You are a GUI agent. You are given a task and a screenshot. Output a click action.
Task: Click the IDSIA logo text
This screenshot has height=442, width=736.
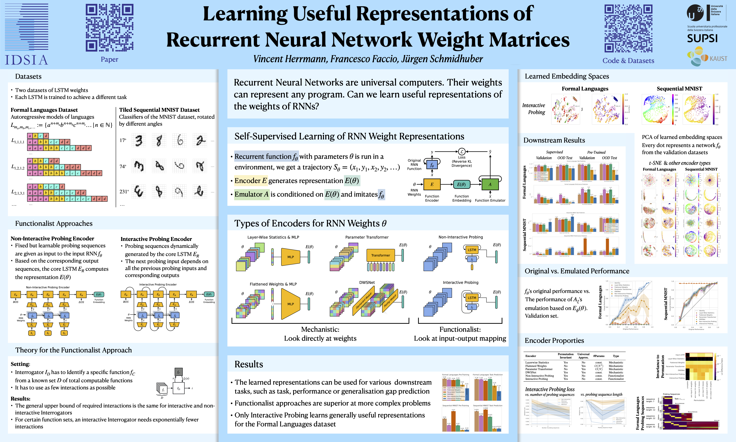(26, 60)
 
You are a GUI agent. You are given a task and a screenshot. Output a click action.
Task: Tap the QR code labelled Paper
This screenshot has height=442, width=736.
(109, 28)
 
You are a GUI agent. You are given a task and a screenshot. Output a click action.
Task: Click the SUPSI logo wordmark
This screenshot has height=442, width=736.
(702, 38)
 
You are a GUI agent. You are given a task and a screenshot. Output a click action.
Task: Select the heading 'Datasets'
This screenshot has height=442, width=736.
(28, 77)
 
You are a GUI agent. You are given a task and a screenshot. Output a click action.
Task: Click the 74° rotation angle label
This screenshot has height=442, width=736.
(123, 166)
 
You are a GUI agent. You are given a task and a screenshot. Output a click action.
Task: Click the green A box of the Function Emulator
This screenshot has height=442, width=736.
(490, 184)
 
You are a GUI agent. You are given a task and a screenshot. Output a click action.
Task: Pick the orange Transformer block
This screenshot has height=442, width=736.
(380, 255)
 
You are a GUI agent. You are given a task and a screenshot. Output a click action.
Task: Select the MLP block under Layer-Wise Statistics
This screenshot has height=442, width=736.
(291, 257)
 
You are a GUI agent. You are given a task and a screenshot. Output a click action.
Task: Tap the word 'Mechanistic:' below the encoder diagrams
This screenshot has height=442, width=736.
(320, 329)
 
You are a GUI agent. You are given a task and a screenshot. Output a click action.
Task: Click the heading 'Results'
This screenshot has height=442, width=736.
(249, 364)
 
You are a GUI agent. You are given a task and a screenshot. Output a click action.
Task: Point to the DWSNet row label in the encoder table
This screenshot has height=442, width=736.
(531, 372)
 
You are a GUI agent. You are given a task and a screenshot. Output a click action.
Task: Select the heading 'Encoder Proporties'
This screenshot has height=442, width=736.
(554, 340)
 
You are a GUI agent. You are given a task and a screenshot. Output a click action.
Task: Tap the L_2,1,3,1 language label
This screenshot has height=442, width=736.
(18, 192)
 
